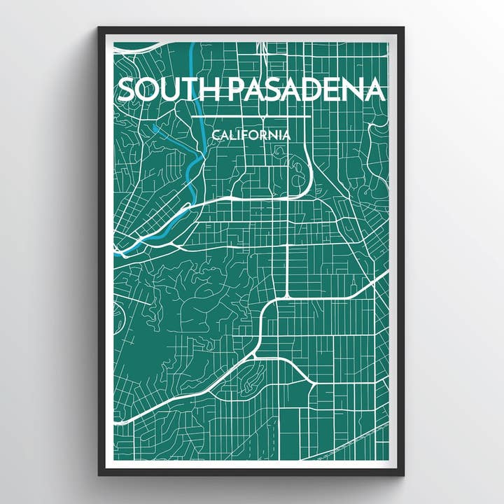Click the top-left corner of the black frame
tap(100, 29)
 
